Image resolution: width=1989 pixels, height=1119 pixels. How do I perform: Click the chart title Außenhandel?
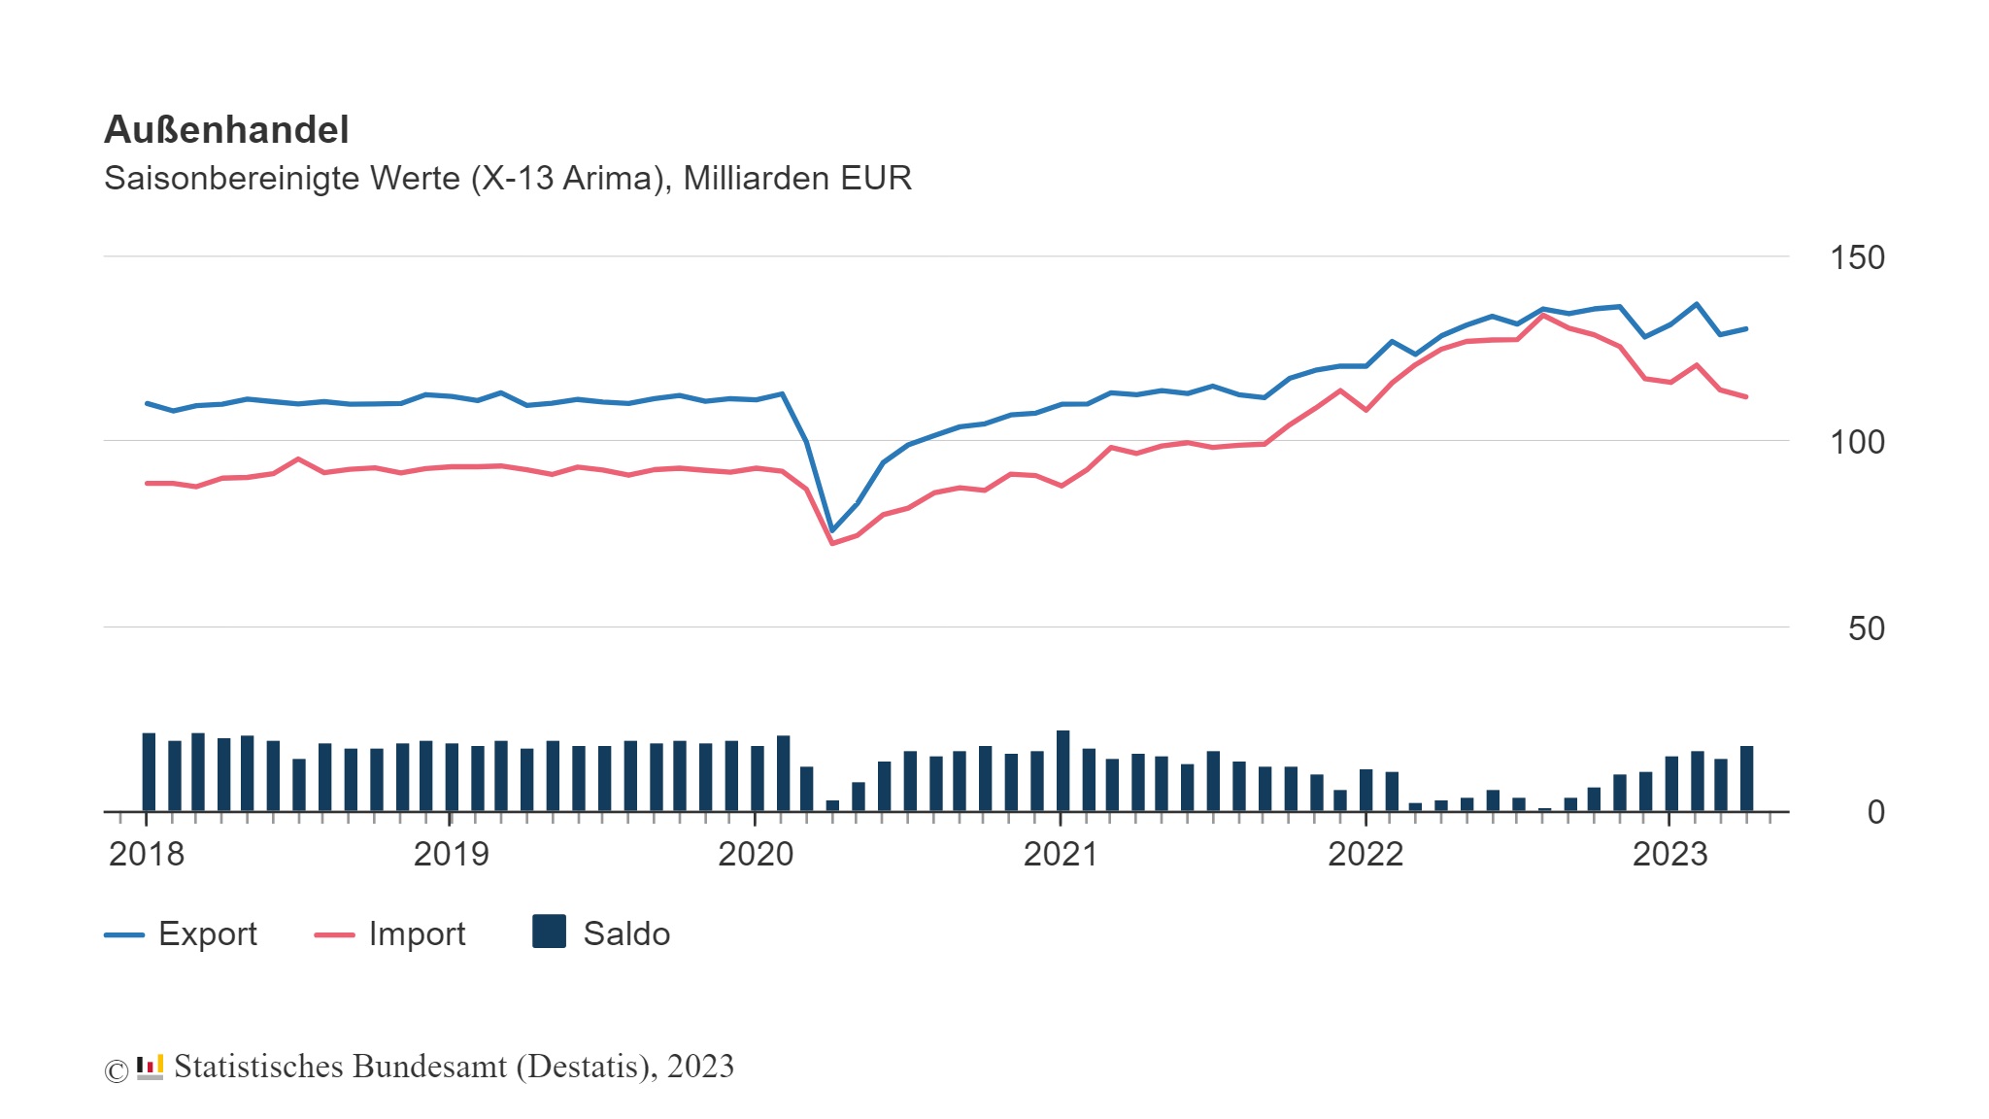226,130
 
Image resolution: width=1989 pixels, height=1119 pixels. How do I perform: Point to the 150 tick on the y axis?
1856,258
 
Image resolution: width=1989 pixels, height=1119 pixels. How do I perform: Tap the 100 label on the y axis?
1856,443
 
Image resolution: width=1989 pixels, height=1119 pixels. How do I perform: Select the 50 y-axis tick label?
1866,628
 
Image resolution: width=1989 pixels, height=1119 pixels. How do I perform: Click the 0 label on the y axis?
1875,812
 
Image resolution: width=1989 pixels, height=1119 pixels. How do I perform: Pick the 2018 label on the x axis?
147,855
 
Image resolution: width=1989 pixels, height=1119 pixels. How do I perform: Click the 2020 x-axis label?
756,855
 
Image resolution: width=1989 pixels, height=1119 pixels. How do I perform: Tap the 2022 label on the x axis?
1365,855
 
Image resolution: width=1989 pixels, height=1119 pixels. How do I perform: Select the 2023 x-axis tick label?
1669,855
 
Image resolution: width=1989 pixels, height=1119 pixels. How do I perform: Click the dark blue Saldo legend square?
550,932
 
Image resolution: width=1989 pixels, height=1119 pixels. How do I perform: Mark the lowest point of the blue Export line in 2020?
832,530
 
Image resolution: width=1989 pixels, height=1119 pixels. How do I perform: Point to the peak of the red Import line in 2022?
1543,316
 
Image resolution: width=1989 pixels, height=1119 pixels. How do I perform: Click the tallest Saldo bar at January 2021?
1062,771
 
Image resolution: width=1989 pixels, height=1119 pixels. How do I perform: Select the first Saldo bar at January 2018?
149,772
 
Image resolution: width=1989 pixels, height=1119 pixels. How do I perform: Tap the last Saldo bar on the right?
1746,779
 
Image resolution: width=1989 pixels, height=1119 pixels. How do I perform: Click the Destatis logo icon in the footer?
150,1068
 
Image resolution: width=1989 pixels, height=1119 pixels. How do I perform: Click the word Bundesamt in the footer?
429,1067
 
